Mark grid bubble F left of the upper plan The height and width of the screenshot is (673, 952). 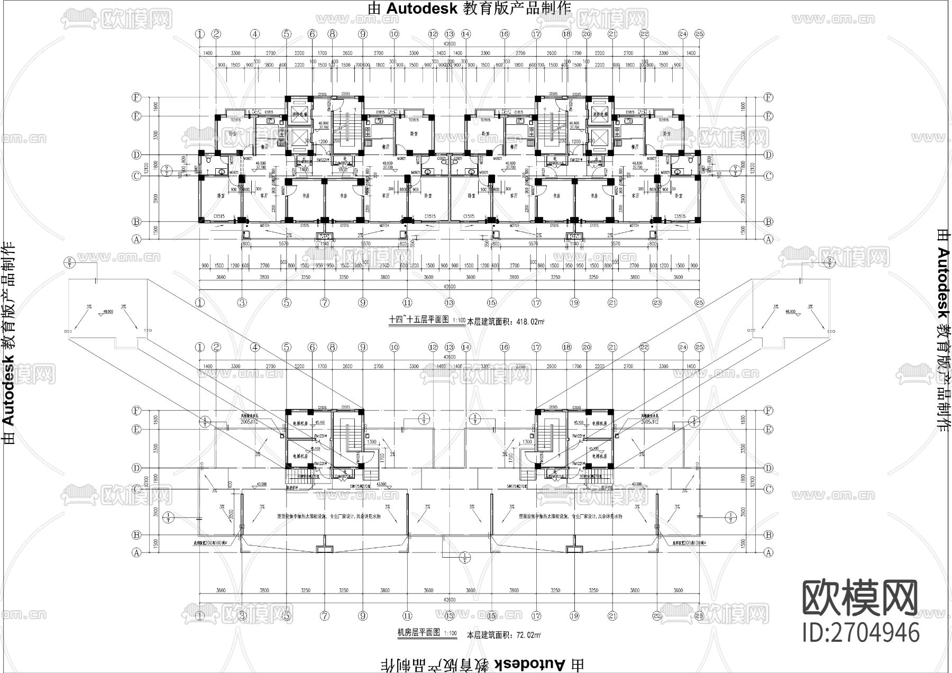[x=137, y=97]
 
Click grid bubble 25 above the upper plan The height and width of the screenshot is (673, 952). [x=699, y=34]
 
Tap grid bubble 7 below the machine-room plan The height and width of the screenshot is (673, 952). [x=325, y=616]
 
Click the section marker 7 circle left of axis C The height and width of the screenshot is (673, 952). [x=167, y=170]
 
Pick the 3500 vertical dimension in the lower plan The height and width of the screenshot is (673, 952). [x=231, y=514]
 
